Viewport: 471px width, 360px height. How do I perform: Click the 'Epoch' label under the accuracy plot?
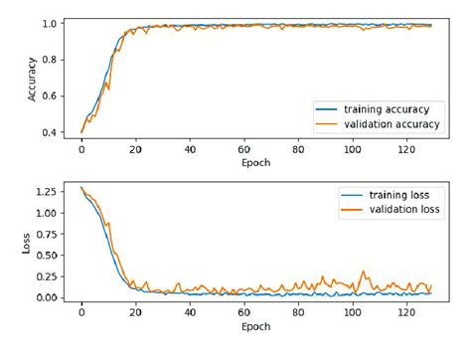255,161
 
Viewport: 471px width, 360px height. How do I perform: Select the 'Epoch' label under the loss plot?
255,327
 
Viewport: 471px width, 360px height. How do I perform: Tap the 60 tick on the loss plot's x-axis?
243,312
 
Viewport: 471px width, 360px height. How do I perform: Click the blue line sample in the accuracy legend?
327,107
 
